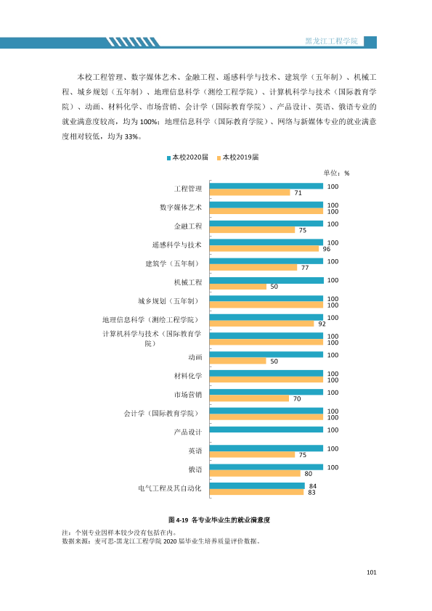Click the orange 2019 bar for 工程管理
point(250,192)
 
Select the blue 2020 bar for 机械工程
point(266,280)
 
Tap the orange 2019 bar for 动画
point(238,361)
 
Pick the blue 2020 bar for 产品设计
point(266,430)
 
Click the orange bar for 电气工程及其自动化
point(256,492)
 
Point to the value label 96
point(326,249)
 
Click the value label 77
point(305,268)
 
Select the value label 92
point(322,324)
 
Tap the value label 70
point(297,398)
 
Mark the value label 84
point(313,486)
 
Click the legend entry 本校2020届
point(187,157)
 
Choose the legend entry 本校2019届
point(238,157)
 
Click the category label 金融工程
point(188,226)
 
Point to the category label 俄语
point(195,469)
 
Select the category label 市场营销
point(188,395)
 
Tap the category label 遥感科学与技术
point(177,245)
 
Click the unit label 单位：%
point(336,173)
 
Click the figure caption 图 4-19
point(178,520)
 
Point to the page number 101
point(372,573)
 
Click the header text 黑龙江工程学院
point(331,41)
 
